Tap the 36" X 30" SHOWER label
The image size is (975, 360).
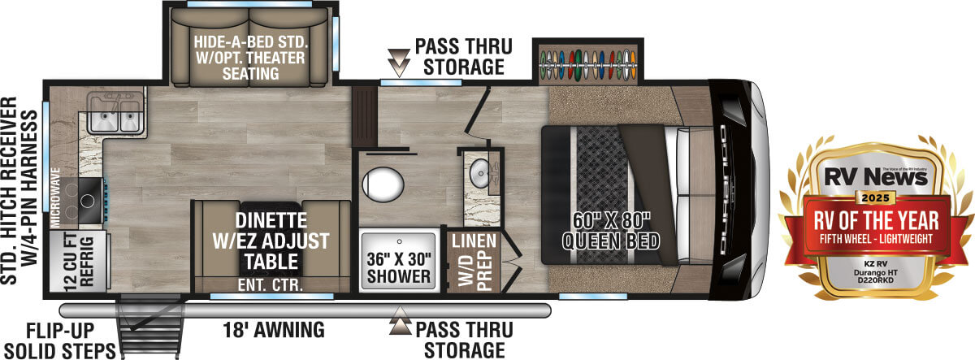pyautogui.click(x=398, y=267)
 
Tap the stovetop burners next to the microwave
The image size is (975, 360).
pyautogui.click(x=80, y=195)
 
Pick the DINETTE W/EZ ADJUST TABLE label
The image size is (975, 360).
pyautogui.click(x=271, y=241)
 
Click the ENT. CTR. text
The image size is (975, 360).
pyautogui.click(x=271, y=284)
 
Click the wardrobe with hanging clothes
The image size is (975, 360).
pyautogui.click(x=587, y=64)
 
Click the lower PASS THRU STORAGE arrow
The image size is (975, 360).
pyautogui.click(x=399, y=327)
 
